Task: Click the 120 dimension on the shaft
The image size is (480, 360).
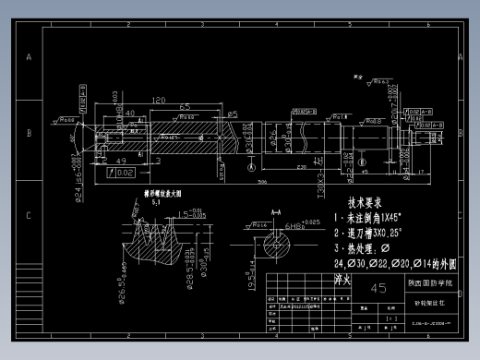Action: coord(159,100)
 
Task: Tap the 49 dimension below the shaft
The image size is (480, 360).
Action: coord(121,161)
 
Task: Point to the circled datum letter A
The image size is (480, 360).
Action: coord(251,169)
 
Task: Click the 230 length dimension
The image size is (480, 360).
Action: coord(302,167)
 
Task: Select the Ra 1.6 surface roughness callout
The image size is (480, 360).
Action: coord(340,116)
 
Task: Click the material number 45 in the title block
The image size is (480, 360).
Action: coord(378,287)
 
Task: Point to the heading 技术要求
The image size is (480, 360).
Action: coord(365,202)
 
